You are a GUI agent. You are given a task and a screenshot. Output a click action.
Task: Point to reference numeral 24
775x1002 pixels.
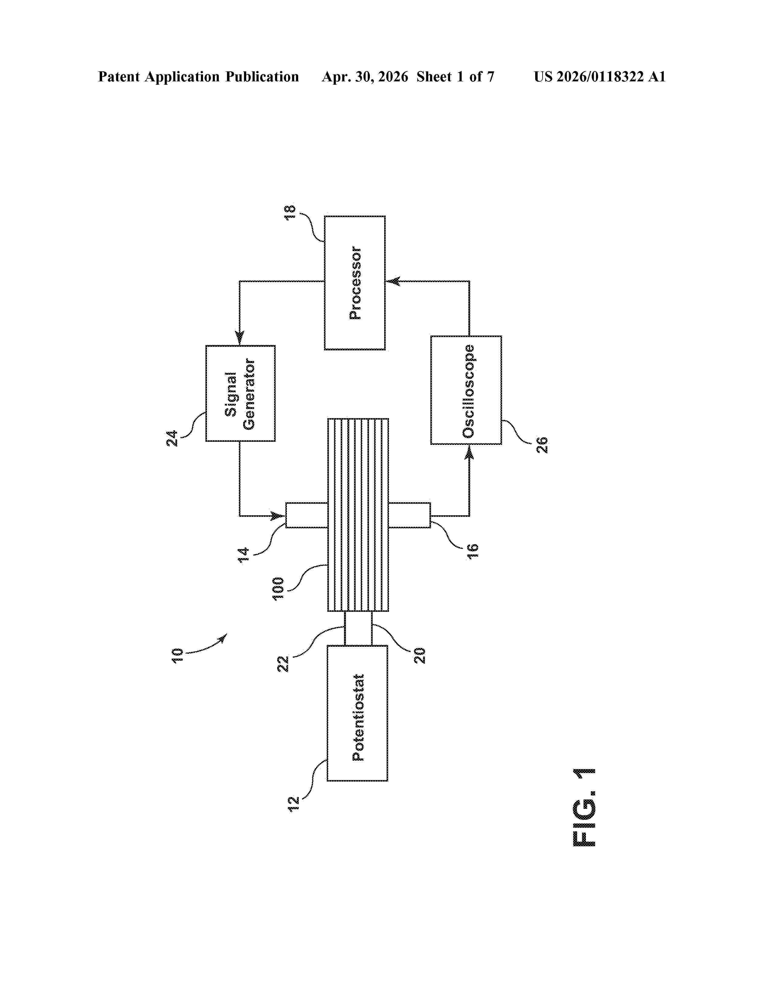pyautogui.click(x=172, y=439)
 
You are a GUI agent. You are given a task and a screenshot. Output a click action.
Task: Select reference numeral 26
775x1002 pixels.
pyautogui.click(x=542, y=445)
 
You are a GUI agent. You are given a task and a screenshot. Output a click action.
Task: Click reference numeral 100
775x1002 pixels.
pyautogui.click(x=278, y=589)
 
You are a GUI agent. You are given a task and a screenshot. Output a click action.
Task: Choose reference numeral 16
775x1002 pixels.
pyautogui.click(x=472, y=550)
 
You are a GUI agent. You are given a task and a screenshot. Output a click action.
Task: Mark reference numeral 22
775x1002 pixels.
pyautogui.click(x=283, y=664)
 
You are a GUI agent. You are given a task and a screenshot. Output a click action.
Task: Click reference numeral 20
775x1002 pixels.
pyautogui.click(x=420, y=656)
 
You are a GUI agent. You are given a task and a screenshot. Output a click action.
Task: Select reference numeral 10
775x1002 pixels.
pyautogui.click(x=177, y=655)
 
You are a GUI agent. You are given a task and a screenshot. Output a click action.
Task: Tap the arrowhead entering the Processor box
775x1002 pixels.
pyautogui.click(x=393, y=281)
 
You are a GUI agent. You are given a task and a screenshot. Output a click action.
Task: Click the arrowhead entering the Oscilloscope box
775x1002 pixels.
pyautogui.click(x=469, y=452)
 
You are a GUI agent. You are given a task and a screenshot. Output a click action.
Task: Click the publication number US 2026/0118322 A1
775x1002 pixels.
pyautogui.click(x=600, y=77)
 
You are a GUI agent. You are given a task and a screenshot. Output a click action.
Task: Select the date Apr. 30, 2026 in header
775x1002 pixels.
pyautogui.click(x=365, y=77)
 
